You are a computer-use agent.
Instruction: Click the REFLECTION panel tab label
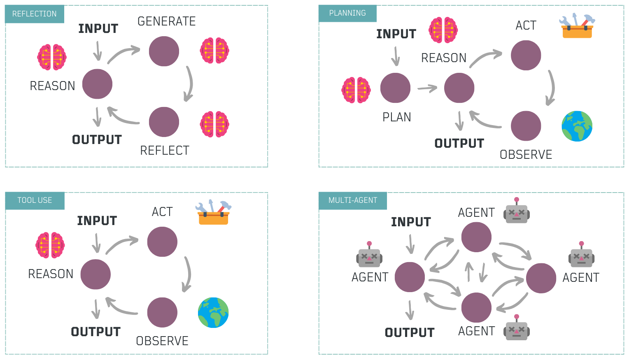[35, 14]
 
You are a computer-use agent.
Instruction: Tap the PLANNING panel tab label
[347, 13]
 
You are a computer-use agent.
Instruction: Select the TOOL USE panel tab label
[35, 200]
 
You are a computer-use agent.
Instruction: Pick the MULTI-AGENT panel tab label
[353, 200]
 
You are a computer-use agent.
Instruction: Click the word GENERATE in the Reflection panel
[166, 21]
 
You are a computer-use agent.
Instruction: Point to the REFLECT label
[165, 151]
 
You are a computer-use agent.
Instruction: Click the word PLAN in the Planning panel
[396, 117]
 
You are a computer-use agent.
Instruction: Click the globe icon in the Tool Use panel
[213, 313]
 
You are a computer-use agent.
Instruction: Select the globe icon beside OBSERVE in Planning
[577, 126]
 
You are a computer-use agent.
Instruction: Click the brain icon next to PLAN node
[356, 90]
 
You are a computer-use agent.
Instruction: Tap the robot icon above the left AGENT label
[369, 255]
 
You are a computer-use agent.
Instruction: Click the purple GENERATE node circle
[164, 51]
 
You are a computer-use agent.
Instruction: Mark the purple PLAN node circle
[395, 88]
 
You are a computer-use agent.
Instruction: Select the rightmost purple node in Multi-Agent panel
[541, 278]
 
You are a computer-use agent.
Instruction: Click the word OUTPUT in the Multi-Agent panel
[410, 332]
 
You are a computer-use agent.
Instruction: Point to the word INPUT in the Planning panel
[396, 34]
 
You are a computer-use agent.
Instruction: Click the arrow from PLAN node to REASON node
[427, 88]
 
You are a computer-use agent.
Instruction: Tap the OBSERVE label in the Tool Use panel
[162, 341]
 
